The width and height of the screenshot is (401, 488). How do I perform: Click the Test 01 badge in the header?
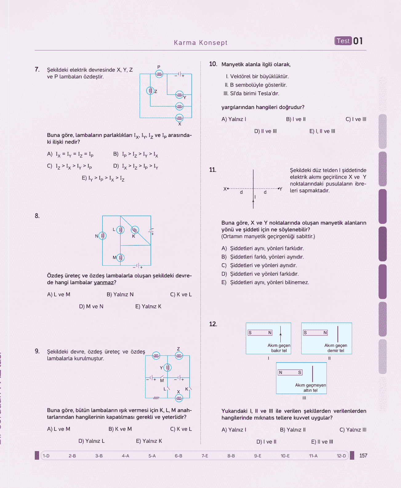(349, 41)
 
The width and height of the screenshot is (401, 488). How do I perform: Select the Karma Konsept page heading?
(201, 42)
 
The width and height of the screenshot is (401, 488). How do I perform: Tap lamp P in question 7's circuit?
(159, 74)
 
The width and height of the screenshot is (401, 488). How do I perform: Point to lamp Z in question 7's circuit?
(150, 91)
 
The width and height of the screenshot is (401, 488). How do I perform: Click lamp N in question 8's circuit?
(102, 236)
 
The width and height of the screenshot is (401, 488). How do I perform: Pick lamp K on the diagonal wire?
(135, 229)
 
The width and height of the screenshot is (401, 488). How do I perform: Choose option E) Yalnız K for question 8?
(148, 306)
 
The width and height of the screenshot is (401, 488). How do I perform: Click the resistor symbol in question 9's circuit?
(156, 398)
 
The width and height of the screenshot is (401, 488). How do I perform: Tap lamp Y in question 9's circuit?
(167, 367)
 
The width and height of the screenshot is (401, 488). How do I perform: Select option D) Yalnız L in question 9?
(91, 441)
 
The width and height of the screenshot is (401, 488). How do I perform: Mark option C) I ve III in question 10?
(356, 119)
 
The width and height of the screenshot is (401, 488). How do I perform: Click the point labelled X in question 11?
(228, 188)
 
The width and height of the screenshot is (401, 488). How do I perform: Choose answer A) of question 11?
(263, 248)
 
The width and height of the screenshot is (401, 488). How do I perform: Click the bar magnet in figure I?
(260, 332)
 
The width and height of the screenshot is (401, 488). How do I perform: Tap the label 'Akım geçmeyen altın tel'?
(311, 387)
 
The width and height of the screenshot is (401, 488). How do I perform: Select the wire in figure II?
(338, 334)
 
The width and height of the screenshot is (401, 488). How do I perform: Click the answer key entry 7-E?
(205, 456)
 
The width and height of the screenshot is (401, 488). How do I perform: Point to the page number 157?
(363, 456)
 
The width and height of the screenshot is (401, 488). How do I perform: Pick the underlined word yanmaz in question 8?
(104, 283)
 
